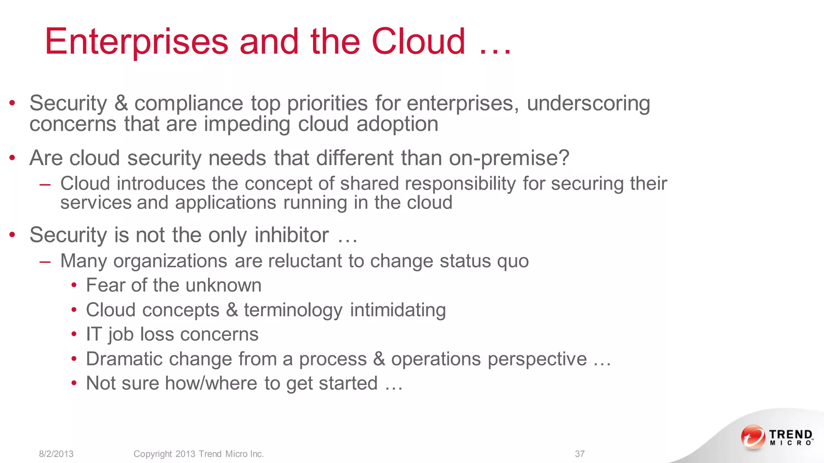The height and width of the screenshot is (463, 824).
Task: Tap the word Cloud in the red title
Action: tap(418, 41)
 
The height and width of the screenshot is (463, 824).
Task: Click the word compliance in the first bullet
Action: tap(189, 103)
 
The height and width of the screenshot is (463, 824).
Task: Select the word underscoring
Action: tap(588, 103)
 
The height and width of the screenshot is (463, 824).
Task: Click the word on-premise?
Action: tap(509, 158)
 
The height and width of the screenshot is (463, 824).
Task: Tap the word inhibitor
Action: tap(292, 235)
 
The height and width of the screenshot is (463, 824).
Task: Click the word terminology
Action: tap(293, 310)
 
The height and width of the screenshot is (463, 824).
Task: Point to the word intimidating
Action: tap(398, 310)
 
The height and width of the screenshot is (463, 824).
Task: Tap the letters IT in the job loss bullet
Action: tap(93, 334)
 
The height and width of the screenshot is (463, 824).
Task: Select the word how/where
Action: tap(211, 383)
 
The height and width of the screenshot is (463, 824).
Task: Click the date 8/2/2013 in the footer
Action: tap(56, 454)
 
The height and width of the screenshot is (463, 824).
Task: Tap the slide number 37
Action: tap(579, 454)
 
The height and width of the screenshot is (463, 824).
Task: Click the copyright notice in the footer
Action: tap(199, 454)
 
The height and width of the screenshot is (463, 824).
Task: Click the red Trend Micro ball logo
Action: tap(753, 437)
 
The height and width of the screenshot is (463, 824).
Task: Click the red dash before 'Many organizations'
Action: tap(45, 262)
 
